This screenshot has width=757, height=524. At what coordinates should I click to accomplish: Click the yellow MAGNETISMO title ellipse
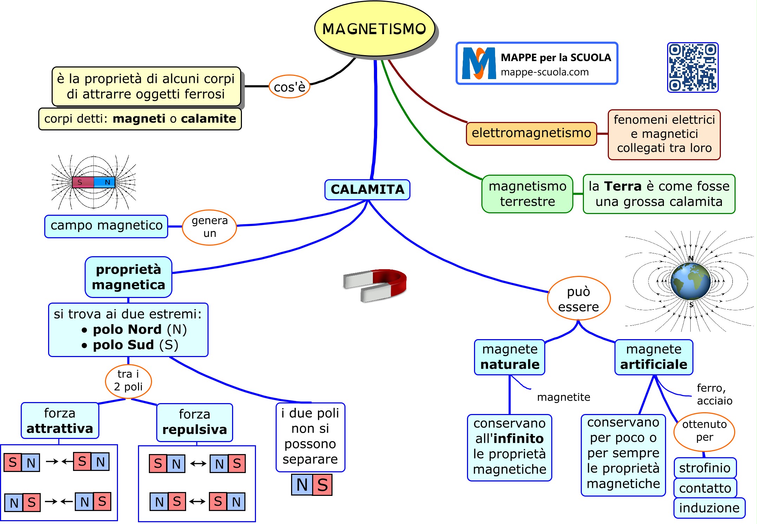point(374,29)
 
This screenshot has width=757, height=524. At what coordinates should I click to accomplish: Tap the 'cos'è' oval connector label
point(289,87)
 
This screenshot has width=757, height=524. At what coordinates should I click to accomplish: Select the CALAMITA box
point(367,190)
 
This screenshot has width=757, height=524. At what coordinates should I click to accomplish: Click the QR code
point(692,67)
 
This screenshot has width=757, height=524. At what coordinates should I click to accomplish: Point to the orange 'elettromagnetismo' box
point(531,134)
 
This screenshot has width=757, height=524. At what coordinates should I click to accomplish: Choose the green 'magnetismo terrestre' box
point(527,194)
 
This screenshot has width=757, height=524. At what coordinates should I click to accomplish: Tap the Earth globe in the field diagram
point(690,281)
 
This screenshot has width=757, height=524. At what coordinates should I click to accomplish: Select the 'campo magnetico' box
point(106,226)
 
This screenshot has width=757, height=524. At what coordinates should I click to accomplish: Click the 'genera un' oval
point(210,227)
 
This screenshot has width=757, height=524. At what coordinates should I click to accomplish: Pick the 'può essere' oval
point(579,299)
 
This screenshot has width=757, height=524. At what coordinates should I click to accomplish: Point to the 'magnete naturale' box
point(509,357)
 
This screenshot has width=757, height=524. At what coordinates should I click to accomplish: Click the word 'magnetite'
point(564,397)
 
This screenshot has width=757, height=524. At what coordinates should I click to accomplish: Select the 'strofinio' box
point(705,468)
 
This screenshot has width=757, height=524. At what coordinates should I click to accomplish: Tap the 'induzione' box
point(709,508)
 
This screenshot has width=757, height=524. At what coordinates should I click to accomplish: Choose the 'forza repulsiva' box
point(195,422)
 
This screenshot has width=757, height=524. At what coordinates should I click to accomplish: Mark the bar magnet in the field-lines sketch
point(93,182)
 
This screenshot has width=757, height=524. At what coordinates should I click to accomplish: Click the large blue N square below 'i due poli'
point(302,485)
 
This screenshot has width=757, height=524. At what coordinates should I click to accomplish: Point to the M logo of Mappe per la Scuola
point(478,64)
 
